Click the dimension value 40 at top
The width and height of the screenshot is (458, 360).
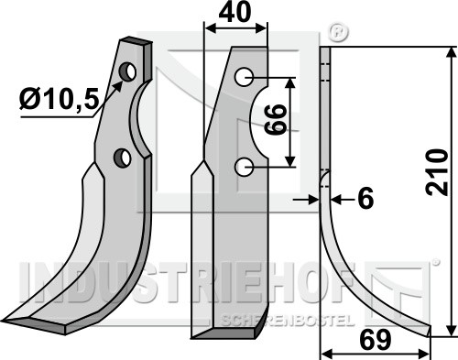tap(234, 12)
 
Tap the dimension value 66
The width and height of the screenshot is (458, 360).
tap(275, 119)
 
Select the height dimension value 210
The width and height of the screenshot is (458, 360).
tap(437, 172)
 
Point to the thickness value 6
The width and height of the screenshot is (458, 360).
tap(365, 199)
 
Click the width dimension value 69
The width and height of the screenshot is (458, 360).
tap(376, 340)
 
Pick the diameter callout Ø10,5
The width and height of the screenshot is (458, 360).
tap(59, 100)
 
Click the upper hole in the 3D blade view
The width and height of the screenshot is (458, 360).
tap(127, 71)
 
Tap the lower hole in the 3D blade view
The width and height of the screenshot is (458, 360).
tap(123, 158)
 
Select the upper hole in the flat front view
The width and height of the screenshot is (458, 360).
tap(244, 77)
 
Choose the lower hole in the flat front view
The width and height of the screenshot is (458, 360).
tap(244, 167)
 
